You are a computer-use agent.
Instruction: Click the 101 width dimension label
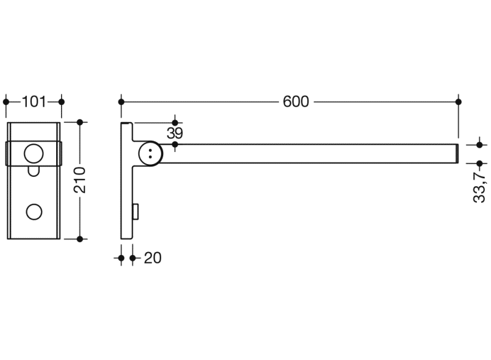click(34, 102)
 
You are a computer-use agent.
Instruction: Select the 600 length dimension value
click(296, 102)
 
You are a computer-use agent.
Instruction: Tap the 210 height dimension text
click(79, 180)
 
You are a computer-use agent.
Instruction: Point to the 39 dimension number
click(175, 134)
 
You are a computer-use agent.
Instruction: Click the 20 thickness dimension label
click(153, 258)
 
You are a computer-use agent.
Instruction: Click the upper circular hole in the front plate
click(34, 154)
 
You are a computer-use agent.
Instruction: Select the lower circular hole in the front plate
click(34, 212)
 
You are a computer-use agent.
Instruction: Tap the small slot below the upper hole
click(34, 171)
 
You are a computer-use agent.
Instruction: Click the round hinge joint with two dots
click(151, 154)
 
